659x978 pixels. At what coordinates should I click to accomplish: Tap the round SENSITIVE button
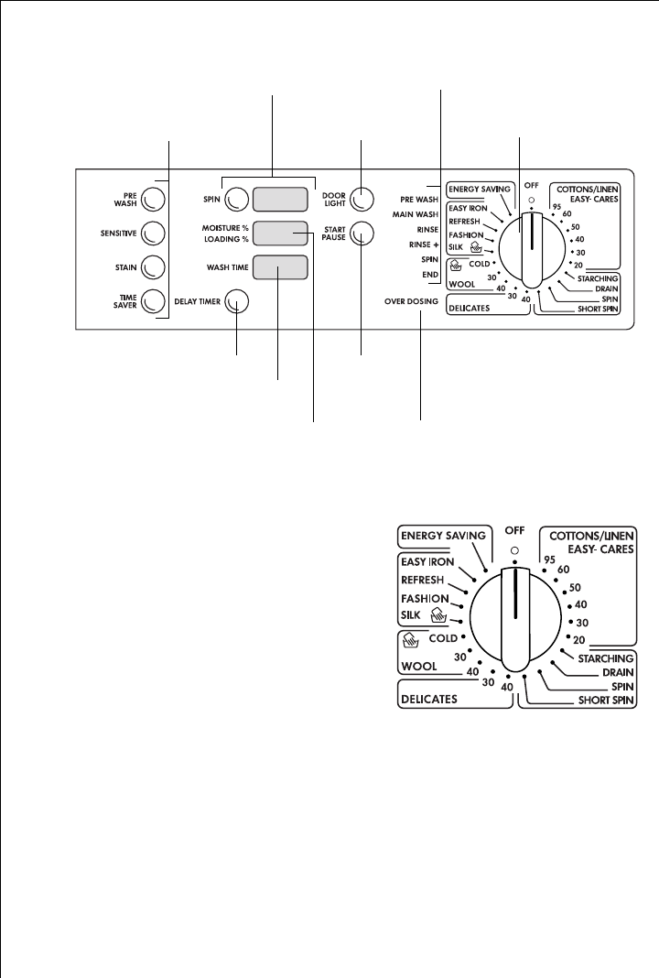pos(154,234)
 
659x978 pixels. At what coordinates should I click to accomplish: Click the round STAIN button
pos(154,266)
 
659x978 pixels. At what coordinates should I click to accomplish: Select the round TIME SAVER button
pos(154,299)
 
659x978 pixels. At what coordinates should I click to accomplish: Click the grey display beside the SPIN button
pos(279,199)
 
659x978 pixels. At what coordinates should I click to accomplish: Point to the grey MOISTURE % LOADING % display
pos(279,234)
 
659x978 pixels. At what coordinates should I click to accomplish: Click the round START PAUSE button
pos(362,233)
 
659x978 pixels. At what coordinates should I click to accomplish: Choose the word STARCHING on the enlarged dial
pos(606,657)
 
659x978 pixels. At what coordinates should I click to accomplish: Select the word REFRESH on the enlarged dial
pos(423,580)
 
